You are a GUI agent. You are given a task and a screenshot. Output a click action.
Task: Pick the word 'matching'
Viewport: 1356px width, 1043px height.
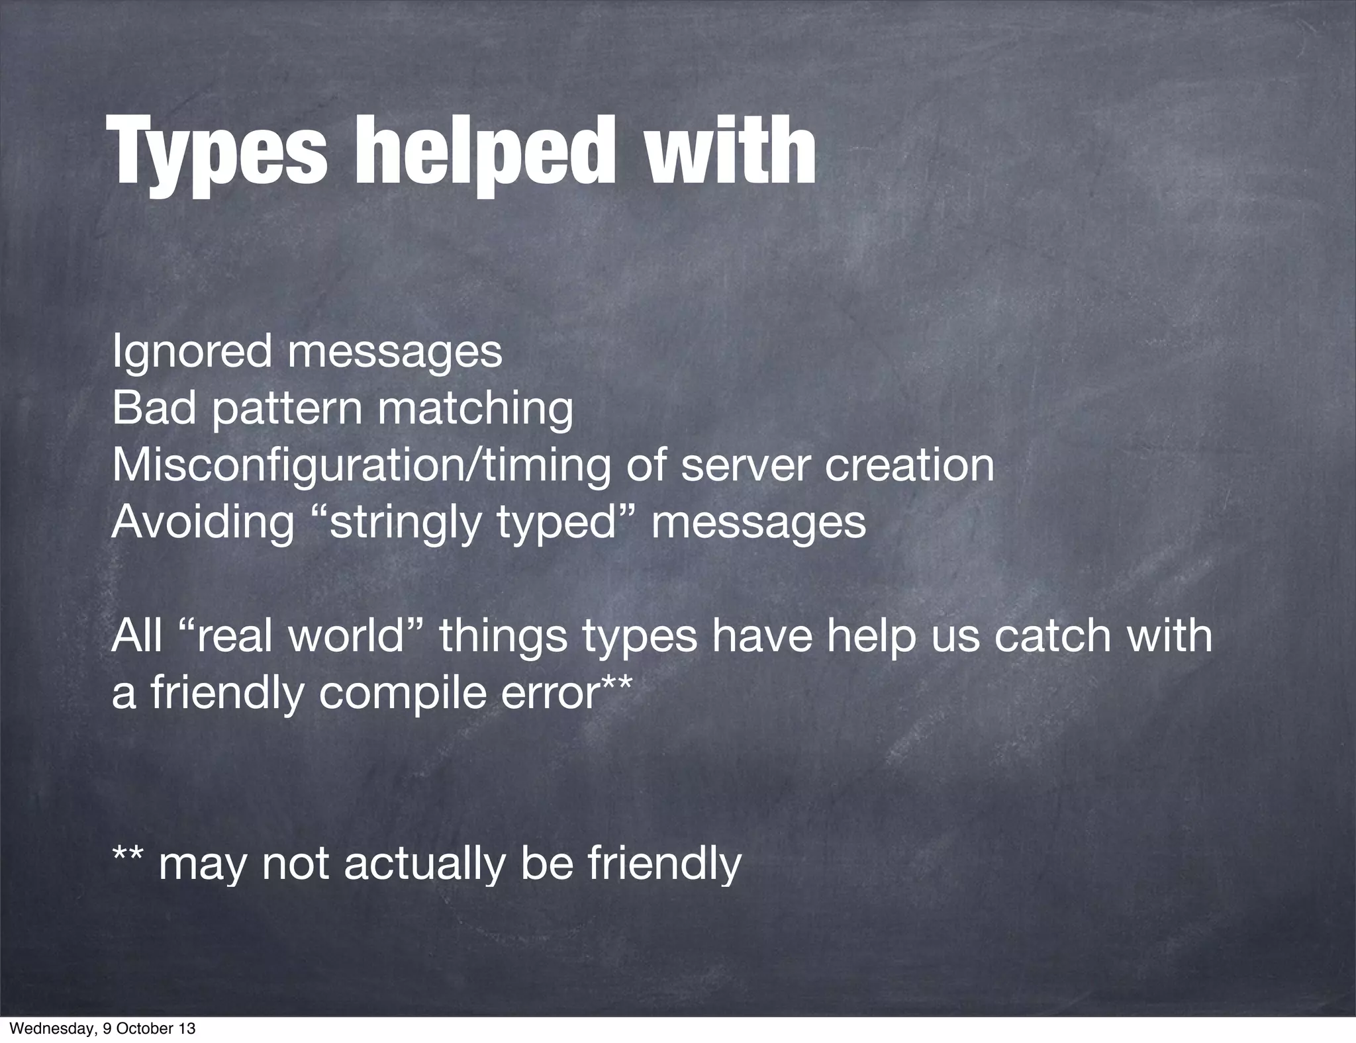coord(475,410)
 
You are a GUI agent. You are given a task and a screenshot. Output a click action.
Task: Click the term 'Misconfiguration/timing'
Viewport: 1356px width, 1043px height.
coord(361,466)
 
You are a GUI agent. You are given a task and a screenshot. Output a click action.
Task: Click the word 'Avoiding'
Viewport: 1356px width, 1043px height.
coord(203,523)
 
